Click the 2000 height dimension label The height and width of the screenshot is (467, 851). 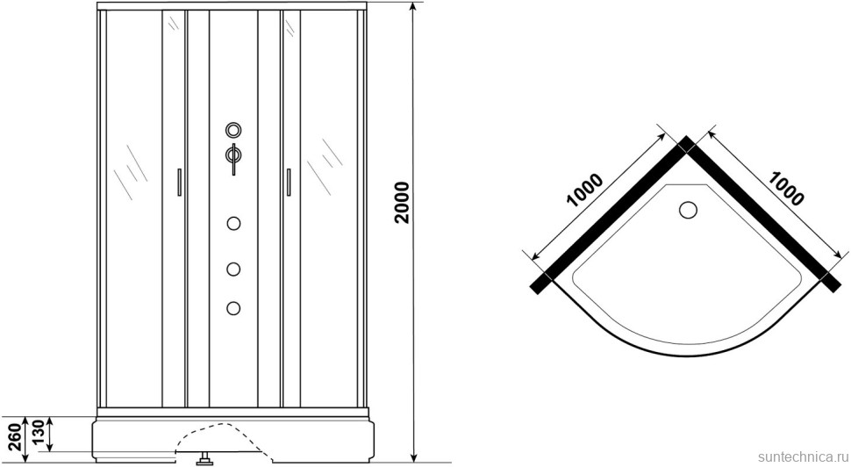(x=402, y=203)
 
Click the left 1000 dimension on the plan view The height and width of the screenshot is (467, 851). (x=584, y=190)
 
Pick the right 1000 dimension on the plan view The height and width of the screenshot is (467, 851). (x=785, y=189)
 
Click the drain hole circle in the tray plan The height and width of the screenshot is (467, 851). (x=688, y=210)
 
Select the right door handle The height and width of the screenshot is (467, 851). (x=289, y=182)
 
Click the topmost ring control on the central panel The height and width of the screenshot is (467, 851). (x=233, y=130)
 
